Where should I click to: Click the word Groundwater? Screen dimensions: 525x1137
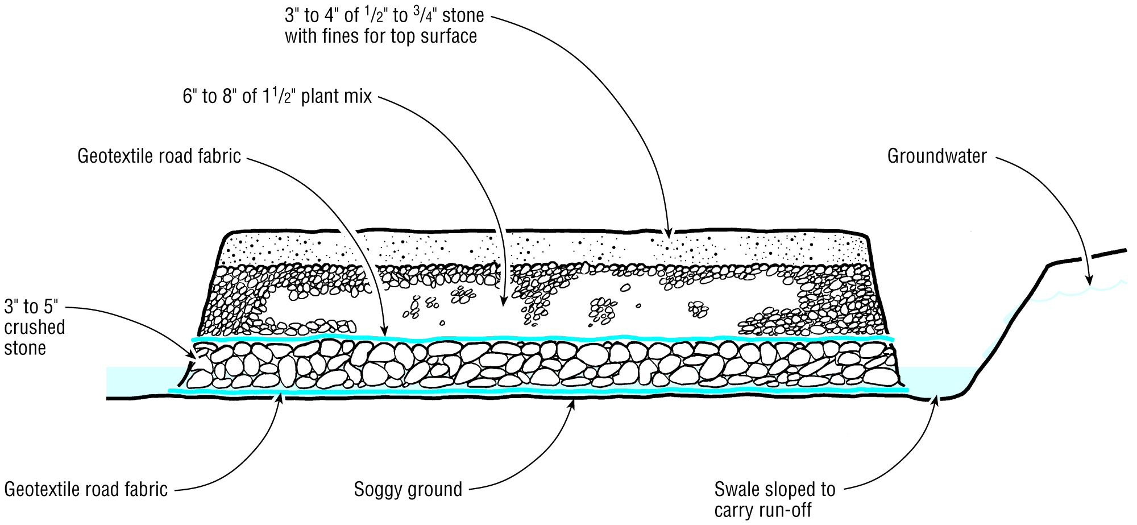(x=937, y=156)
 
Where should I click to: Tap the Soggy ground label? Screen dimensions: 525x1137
(x=408, y=489)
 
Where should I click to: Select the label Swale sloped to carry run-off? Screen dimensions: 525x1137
(x=774, y=499)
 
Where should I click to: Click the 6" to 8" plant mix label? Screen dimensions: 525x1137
(x=277, y=97)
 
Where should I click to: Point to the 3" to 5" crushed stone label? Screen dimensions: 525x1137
(x=34, y=327)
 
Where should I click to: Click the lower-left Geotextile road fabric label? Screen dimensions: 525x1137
(x=86, y=489)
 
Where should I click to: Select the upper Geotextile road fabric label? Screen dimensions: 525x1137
(x=159, y=156)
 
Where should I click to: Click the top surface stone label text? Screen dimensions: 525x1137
(x=384, y=26)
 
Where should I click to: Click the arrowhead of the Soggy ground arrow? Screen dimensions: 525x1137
(x=573, y=402)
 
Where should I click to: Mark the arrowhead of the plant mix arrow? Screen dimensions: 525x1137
(x=503, y=304)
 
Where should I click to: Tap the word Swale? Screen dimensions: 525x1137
(x=737, y=489)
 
